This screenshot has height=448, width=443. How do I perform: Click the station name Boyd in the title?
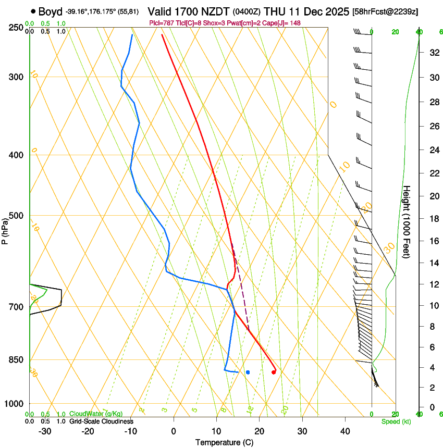(50, 11)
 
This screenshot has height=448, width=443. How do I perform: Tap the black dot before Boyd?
(33, 11)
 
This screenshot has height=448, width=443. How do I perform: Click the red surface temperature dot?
(274, 372)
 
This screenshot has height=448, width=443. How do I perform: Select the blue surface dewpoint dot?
(248, 372)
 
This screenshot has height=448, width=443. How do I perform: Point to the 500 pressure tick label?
(16, 216)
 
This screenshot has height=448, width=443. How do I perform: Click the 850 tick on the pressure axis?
(16, 360)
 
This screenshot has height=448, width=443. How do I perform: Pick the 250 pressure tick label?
(16, 28)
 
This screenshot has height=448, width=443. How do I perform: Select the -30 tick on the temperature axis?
(45, 431)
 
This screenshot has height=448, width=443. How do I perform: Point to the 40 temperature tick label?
(344, 431)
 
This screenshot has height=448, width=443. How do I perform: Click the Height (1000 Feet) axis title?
(407, 221)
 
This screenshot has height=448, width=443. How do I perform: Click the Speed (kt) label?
(396, 421)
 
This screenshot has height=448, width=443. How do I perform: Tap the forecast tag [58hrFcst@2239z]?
(386, 11)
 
